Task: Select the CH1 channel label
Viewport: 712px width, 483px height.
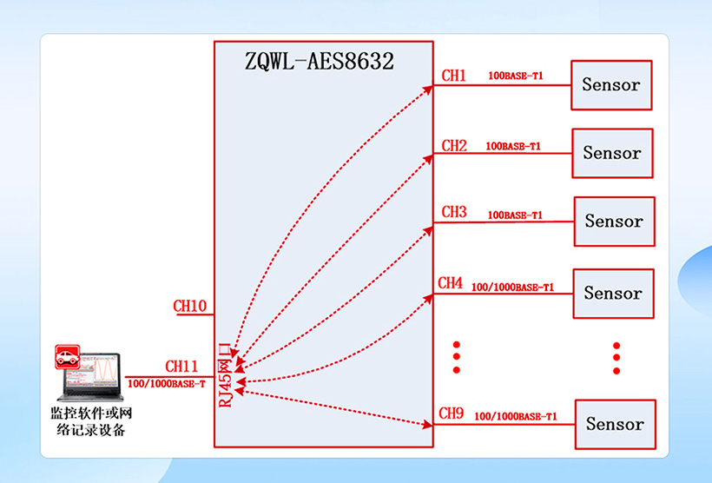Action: click(x=453, y=76)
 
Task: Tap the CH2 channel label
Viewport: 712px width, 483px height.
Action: click(x=454, y=145)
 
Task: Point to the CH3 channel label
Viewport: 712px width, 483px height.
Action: click(x=454, y=212)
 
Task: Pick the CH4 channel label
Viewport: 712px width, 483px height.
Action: click(x=450, y=282)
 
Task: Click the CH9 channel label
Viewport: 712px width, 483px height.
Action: click(x=452, y=413)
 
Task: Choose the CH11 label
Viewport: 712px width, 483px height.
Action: click(x=182, y=367)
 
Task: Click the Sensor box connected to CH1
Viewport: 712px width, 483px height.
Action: click(x=611, y=85)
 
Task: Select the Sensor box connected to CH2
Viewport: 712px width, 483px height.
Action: click(x=612, y=153)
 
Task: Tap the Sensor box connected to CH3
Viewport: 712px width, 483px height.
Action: click(x=614, y=221)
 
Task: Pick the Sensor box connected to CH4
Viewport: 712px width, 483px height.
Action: click(x=613, y=294)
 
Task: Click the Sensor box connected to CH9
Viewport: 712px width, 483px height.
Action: click(x=615, y=424)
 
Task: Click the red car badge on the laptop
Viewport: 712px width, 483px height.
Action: click(x=67, y=354)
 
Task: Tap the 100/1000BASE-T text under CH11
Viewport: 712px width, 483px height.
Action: click(x=166, y=383)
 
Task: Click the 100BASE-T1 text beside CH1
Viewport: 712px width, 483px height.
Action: click(x=516, y=76)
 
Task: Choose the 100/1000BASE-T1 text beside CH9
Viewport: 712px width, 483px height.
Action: click(x=515, y=417)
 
